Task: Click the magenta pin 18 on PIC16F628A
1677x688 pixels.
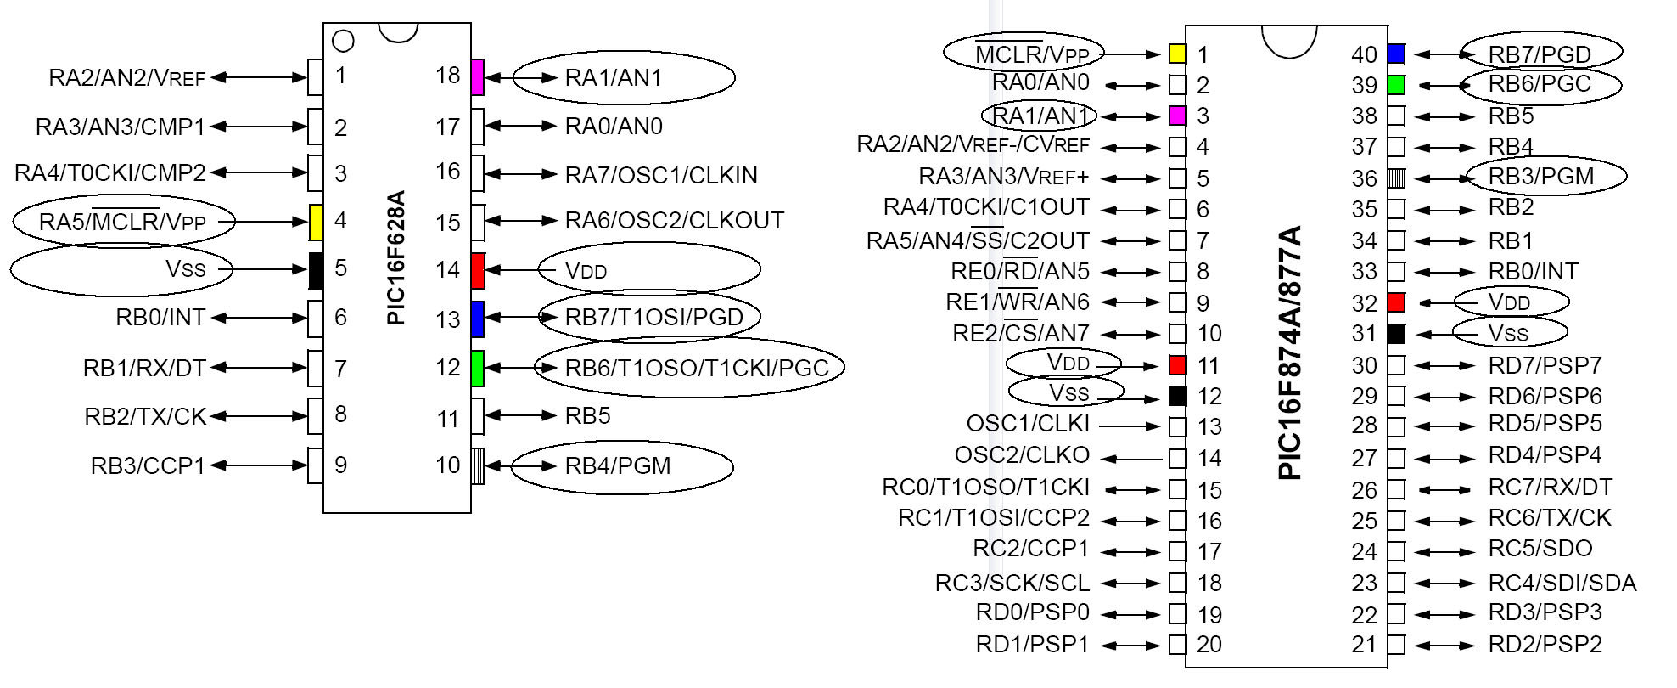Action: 477,76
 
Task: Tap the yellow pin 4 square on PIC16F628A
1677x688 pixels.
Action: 315,222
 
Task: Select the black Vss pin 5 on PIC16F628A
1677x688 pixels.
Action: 315,270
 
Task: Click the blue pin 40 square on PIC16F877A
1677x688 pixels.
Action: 1396,54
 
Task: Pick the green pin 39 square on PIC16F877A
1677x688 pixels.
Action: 1396,85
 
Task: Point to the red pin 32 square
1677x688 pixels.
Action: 1396,302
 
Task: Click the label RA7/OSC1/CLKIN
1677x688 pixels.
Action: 661,175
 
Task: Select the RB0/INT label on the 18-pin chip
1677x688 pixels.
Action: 160,318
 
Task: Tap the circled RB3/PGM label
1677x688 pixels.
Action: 1541,177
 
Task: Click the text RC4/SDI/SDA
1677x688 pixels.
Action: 1562,583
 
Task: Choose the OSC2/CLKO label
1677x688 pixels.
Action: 1022,455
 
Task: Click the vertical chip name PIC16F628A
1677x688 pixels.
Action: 395,258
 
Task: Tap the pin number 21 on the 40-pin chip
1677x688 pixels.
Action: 1364,645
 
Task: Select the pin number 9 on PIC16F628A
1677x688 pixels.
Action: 340,465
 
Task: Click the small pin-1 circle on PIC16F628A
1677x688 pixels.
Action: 343,40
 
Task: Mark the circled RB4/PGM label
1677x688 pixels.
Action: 618,466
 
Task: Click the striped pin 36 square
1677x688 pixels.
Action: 1396,178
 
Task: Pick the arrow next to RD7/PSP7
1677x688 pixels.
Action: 1446,366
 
